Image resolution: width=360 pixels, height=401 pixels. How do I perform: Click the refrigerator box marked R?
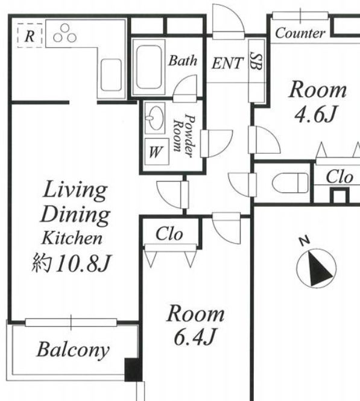click(30, 36)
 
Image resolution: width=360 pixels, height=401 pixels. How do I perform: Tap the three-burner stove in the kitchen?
click(65, 33)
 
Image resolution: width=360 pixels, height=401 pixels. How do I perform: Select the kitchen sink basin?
click(111, 75)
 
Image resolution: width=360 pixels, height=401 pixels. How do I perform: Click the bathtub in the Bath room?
click(149, 68)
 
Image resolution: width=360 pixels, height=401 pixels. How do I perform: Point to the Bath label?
click(183, 61)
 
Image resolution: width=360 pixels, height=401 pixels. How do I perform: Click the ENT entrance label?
click(227, 63)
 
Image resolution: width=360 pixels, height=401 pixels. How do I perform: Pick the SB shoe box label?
click(256, 61)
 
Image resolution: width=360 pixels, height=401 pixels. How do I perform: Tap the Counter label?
click(300, 33)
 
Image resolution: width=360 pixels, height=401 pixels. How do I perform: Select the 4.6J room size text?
click(315, 114)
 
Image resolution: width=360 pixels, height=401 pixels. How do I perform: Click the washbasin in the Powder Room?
click(155, 118)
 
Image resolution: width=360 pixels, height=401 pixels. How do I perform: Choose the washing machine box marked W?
click(157, 151)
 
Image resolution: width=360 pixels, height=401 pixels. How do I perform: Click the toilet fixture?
click(291, 183)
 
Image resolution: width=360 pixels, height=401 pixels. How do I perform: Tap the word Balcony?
click(73, 350)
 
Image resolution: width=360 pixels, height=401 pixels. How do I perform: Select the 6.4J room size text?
click(195, 337)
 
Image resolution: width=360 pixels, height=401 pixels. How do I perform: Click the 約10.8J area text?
click(71, 263)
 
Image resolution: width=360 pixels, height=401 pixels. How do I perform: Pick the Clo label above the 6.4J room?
click(169, 234)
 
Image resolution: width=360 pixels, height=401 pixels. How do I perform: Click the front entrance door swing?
click(228, 22)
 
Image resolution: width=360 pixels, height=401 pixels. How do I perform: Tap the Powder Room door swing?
click(216, 144)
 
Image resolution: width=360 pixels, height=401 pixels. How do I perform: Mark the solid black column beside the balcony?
click(133, 370)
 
